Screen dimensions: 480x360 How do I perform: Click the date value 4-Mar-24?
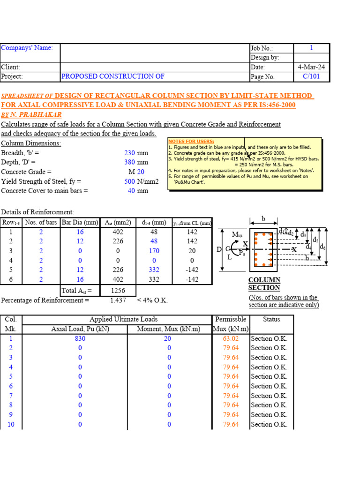click(311, 67)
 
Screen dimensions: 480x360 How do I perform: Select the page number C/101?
click(312, 77)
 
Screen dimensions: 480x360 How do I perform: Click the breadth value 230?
click(129, 153)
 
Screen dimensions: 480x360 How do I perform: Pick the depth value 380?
click(129, 162)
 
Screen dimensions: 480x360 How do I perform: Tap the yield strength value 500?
click(129, 181)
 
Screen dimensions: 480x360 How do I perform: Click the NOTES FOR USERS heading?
click(191, 141)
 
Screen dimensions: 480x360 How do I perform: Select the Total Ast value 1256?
click(117, 291)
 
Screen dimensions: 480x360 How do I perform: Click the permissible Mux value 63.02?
click(231, 338)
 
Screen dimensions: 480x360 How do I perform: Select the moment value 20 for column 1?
click(169, 338)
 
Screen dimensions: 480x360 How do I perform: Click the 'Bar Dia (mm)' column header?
click(80, 222)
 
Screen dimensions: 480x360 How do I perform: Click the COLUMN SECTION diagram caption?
click(264, 284)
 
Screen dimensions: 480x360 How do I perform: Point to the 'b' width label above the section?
click(263, 219)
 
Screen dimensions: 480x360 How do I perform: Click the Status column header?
click(271, 319)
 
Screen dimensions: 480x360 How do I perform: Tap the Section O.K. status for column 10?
click(269, 425)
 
